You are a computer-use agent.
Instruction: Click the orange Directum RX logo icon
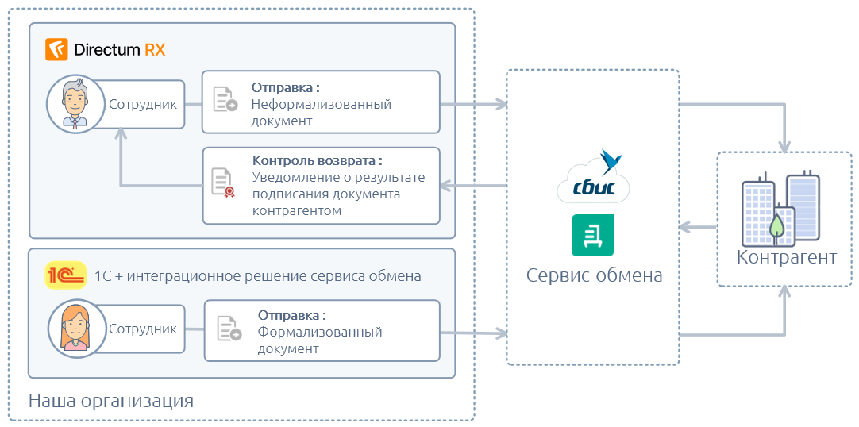coord(56,49)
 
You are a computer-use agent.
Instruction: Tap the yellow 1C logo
coord(65,275)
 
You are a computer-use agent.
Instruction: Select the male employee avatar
coord(75,104)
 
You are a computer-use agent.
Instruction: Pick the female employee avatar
coord(75,328)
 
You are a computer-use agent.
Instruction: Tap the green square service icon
coord(592,236)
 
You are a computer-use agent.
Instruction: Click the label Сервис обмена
coord(595,275)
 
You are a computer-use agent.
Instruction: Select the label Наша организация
coord(111,401)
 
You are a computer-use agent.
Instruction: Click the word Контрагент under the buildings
coord(787,257)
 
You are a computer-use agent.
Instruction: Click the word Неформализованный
coord(321,104)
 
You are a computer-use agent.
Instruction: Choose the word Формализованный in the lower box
coord(320,332)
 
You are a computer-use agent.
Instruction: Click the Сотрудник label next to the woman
coord(143,329)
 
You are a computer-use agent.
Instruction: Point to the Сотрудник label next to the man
coord(143,104)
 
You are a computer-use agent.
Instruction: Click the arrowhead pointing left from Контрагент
coord(684,227)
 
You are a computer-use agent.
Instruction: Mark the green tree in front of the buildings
coord(776,226)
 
